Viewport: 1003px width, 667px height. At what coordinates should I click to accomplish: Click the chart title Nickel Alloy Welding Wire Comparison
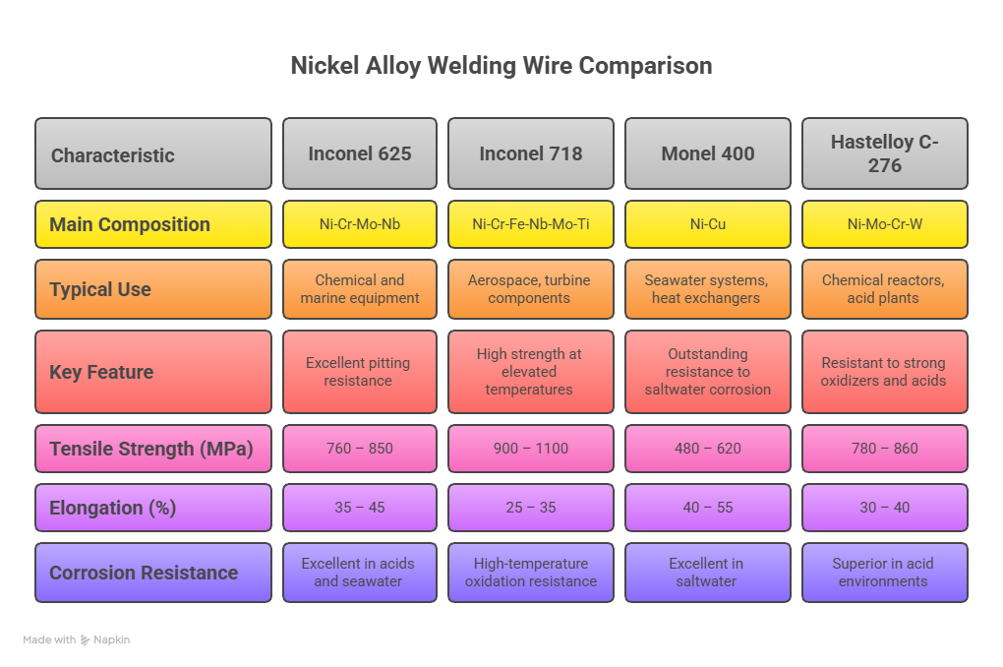click(501, 66)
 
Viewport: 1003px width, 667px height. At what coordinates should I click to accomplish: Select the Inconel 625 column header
click(359, 153)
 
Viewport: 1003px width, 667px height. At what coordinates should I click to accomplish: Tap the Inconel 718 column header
click(530, 153)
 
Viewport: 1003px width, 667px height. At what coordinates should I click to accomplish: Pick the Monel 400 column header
click(707, 153)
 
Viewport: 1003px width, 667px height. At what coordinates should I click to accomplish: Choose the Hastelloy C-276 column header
click(884, 153)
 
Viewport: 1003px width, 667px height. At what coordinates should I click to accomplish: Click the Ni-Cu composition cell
click(707, 224)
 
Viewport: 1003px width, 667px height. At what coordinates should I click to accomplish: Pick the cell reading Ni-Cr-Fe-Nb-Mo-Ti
click(530, 224)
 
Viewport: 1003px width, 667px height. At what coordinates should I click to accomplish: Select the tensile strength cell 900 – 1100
click(530, 449)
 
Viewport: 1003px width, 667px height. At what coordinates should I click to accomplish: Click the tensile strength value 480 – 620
click(707, 449)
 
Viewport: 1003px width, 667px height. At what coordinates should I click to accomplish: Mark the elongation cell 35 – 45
click(359, 508)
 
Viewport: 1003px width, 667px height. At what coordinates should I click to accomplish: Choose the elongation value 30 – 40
click(884, 508)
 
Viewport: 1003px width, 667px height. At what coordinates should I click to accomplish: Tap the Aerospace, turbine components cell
click(530, 289)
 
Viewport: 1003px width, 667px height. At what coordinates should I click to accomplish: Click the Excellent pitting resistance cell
click(359, 372)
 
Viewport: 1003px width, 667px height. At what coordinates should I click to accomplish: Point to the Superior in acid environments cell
click(884, 573)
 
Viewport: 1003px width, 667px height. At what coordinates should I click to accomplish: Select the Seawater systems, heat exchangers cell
click(707, 289)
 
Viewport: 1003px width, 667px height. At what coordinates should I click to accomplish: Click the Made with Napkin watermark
click(77, 640)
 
